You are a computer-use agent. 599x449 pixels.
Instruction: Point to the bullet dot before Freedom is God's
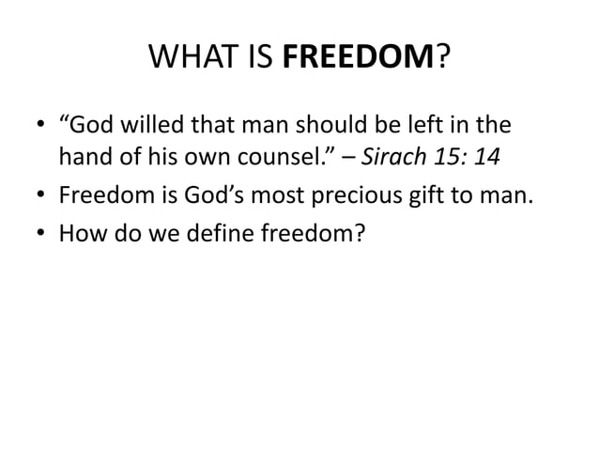[38, 197]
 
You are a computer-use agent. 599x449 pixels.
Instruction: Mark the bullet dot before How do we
[38, 231]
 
